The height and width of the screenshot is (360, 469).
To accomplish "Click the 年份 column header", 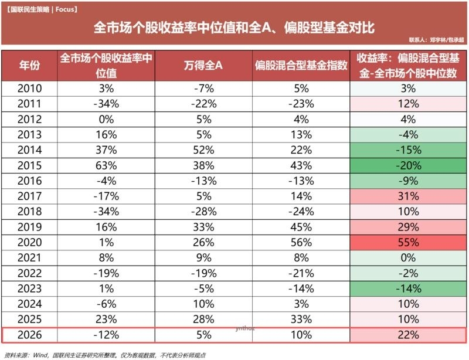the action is (x=29, y=65).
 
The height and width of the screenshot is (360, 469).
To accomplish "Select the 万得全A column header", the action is (x=203, y=65).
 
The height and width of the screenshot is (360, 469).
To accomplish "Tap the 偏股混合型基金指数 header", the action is (x=301, y=65).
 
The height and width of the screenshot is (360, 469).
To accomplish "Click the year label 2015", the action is (x=29, y=165).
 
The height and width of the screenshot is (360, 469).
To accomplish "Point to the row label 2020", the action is (x=29, y=242).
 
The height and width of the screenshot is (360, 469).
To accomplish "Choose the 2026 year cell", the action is (x=29, y=335).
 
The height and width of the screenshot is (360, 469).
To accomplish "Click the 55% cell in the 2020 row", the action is (x=408, y=242).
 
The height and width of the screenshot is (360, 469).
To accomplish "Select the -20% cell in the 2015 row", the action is (x=408, y=165).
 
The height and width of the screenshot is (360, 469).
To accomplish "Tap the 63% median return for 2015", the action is (x=106, y=165).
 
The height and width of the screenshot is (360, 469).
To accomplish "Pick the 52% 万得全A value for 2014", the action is (x=203, y=150).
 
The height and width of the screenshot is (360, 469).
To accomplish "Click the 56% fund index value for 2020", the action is (x=301, y=242).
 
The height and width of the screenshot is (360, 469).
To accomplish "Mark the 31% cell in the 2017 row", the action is (x=408, y=196).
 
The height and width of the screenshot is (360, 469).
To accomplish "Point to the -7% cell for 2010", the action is (x=203, y=89).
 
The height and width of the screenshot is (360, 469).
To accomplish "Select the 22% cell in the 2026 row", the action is (x=408, y=335).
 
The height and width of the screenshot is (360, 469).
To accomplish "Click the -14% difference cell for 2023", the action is (x=408, y=288).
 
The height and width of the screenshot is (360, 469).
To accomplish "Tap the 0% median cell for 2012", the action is (x=106, y=120).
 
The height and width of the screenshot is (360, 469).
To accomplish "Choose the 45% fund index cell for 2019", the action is (x=301, y=227).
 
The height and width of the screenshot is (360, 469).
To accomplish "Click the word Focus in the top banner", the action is (x=64, y=9).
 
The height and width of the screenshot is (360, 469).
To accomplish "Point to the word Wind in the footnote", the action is (x=40, y=355).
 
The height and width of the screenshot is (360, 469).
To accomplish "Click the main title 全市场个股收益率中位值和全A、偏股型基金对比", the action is (x=234, y=28).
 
